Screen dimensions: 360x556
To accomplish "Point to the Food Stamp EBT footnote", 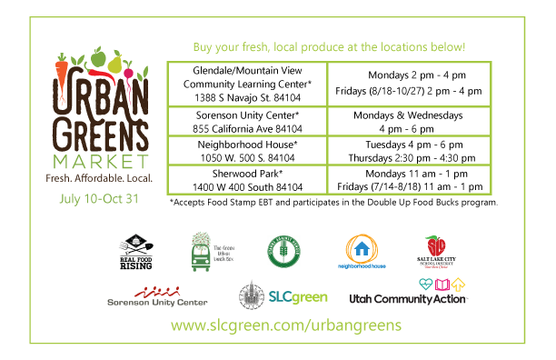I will [x=333, y=203].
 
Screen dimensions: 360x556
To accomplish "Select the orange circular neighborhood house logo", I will [x=362, y=251].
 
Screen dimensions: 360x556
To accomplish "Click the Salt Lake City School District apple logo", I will [x=437, y=250].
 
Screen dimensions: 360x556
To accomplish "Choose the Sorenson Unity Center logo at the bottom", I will [x=157, y=295].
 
